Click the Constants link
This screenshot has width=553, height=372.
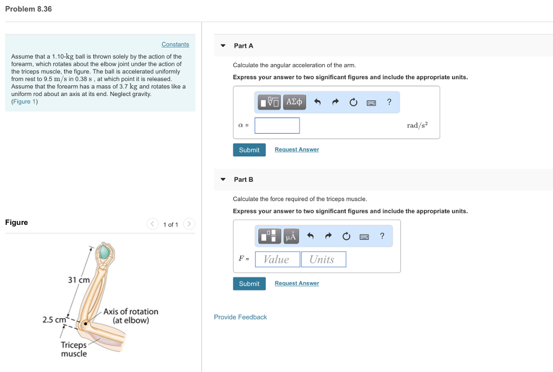point(175,44)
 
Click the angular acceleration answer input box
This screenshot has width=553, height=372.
point(277,126)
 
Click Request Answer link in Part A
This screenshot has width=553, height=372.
point(296,149)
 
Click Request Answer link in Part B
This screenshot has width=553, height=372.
point(296,283)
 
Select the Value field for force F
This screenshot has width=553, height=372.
point(277,259)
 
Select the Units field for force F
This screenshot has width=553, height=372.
point(323,259)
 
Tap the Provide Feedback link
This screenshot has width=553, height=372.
point(240,317)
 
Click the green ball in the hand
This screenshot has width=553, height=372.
point(104,252)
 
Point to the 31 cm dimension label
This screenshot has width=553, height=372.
point(79,280)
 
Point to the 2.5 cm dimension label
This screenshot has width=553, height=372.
point(54,320)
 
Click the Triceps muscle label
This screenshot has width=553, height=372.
point(73,349)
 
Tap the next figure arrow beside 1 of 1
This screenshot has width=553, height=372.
point(189,224)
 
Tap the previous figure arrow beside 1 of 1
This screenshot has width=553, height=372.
point(152,224)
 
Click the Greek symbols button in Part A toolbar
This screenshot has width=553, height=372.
point(294,102)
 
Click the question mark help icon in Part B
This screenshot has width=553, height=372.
point(382,236)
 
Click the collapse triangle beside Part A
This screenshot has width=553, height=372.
point(223,46)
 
